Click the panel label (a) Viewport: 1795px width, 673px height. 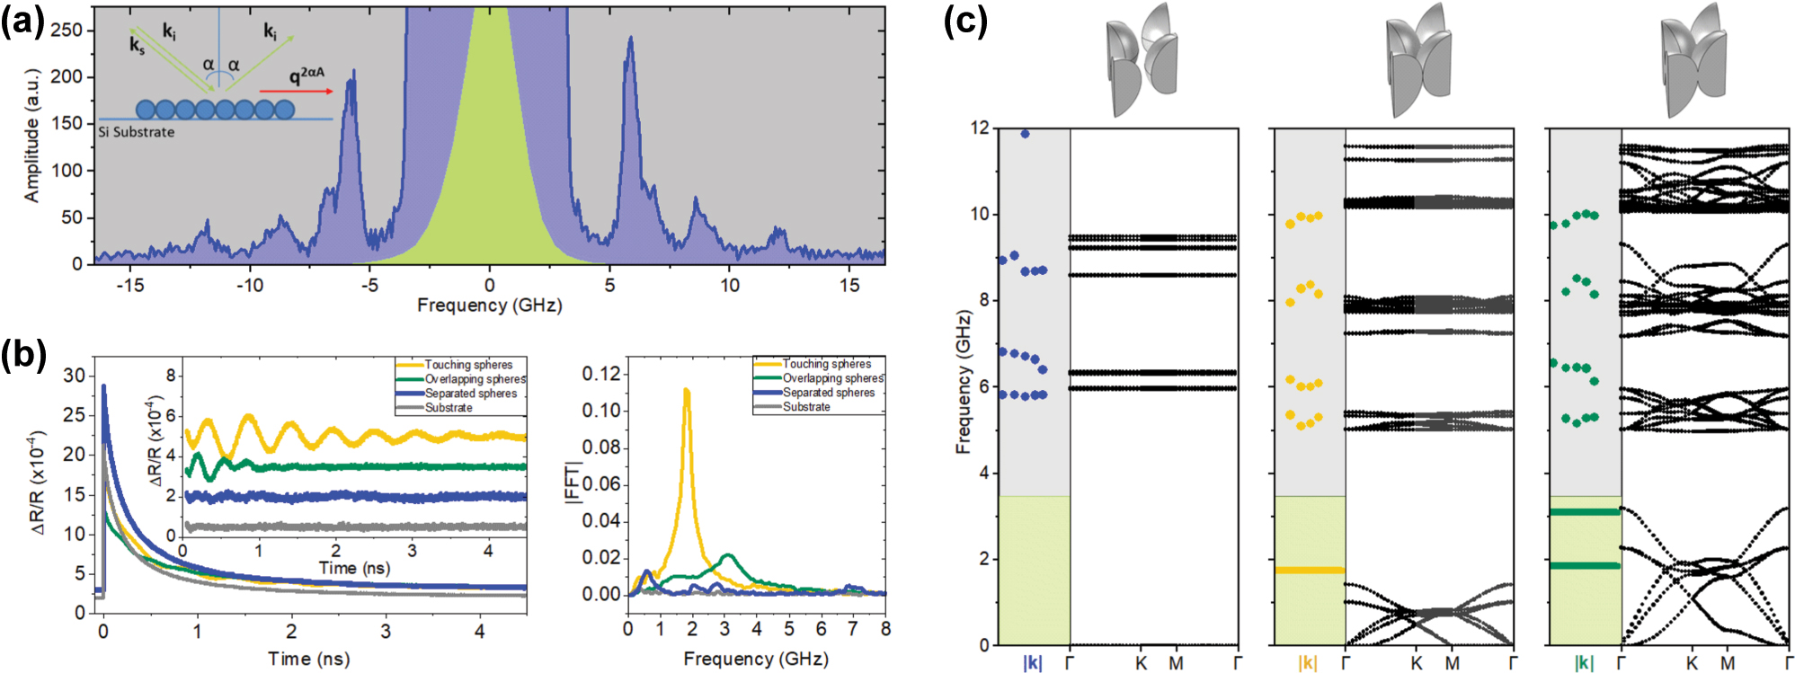(x=22, y=20)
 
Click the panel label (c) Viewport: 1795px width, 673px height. (x=965, y=20)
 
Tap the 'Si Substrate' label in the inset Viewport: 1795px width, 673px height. (x=137, y=132)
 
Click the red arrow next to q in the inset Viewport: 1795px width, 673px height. (x=296, y=91)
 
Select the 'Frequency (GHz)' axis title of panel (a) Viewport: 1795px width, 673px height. (x=489, y=306)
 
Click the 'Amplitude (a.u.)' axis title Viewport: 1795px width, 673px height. (x=32, y=136)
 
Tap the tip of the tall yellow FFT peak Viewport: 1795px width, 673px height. (x=687, y=390)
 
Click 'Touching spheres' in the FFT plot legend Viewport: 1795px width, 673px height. (x=826, y=364)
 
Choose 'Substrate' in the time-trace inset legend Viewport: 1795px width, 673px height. (x=449, y=408)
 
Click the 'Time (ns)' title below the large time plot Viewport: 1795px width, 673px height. (x=308, y=659)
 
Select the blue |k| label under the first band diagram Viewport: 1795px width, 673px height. (x=1032, y=663)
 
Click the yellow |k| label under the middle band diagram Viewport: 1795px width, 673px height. (x=1307, y=663)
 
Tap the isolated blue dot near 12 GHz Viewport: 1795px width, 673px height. (x=1025, y=134)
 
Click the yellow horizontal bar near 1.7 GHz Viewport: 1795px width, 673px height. (x=1310, y=570)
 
